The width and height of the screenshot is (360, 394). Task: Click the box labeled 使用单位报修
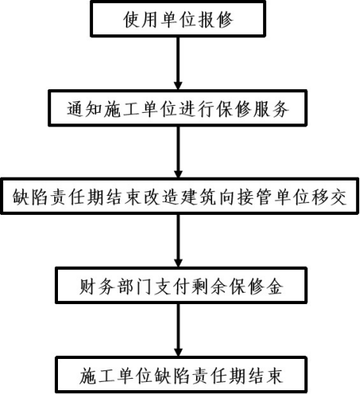click(178, 19)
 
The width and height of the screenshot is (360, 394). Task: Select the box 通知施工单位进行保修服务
click(178, 108)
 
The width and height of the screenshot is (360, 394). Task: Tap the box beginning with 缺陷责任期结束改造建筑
click(180, 196)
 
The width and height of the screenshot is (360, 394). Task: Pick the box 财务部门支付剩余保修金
click(181, 285)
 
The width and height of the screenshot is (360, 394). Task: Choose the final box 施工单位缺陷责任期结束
click(181, 375)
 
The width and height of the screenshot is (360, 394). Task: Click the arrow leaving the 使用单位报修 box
click(178, 63)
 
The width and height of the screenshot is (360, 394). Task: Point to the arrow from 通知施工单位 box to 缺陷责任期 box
click(178, 152)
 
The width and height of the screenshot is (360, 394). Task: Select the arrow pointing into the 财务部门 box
click(178, 241)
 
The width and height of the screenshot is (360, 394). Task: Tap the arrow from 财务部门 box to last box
click(178, 330)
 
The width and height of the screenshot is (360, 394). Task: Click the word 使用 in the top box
click(140, 20)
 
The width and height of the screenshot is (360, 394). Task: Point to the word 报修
click(215, 20)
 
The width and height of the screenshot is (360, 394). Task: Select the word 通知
click(85, 109)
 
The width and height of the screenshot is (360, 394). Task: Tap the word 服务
click(271, 109)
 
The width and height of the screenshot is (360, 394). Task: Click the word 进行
click(196, 109)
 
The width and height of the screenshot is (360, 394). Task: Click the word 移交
click(329, 197)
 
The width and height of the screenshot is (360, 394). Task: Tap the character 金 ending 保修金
click(275, 287)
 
